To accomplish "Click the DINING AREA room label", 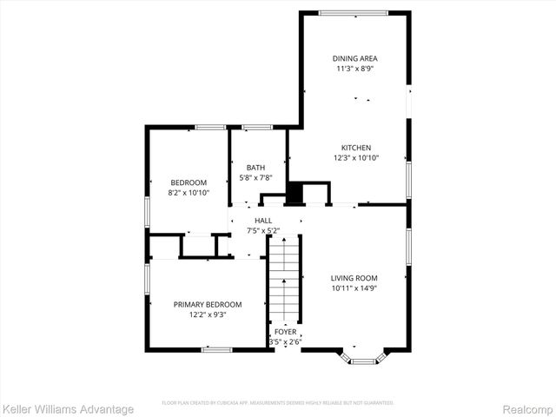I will (x=355, y=58).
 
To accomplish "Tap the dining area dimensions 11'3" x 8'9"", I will (x=355, y=69).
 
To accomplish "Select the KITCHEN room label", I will (x=355, y=148).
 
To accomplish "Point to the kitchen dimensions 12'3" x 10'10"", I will (x=355, y=159).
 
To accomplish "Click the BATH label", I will (x=255, y=168).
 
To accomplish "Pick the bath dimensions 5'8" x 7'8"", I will (x=255, y=178).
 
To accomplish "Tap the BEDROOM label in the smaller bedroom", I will (x=187, y=182).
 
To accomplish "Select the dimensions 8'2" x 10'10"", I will (x=187, y=192).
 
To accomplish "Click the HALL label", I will (x=263, y=221).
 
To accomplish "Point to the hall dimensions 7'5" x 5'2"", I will (x=263, y=231).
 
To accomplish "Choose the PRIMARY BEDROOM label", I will (x=207, y=304).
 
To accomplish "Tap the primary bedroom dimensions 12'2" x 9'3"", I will (x=207, y=315).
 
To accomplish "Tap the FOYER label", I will (x=284, y=332).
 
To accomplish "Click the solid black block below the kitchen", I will (x=295, y=193).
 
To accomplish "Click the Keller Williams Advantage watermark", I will (x=68, y=409).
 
